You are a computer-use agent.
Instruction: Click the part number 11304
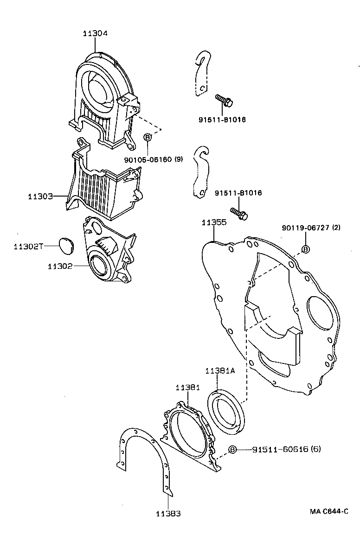coord(95,33)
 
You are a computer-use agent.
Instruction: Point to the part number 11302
coord(60,267)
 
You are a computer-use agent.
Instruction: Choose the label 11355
coord(214,222)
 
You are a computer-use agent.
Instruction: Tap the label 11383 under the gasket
coord(168,513)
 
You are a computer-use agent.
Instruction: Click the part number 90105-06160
coord(148,159)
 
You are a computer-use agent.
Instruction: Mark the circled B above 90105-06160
coord(148,138)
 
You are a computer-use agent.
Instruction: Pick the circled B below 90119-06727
coord(306,249)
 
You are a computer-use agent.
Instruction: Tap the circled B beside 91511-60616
coord(233,450)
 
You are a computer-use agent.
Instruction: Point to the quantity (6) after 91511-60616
coord(315,449)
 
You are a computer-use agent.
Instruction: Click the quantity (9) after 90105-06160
coord(179,159)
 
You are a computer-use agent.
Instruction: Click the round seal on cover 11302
coord(99,266)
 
